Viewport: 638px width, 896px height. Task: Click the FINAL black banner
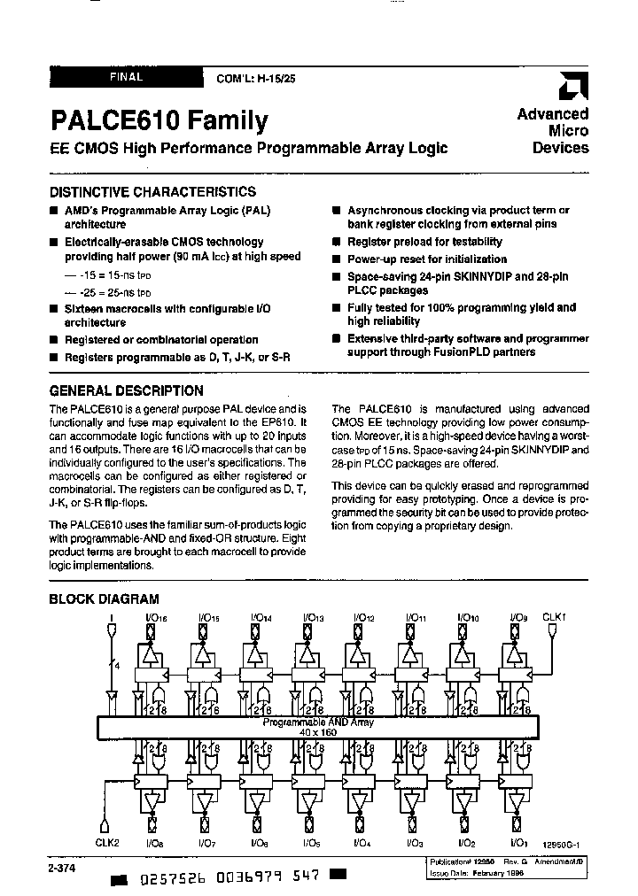tap(126, 77)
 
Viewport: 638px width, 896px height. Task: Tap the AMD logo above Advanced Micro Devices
tap(568, 89)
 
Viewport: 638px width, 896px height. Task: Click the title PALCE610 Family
tap(159, 120)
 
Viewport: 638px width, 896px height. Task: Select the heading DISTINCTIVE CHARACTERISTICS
tap(152, 191)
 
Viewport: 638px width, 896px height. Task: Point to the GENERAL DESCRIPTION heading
tap(126, 390)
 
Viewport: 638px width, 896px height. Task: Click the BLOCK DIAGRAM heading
tap(104, 599)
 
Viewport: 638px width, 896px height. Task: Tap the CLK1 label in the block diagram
tap(552, 617)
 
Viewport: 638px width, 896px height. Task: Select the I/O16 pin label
tap(154, 617)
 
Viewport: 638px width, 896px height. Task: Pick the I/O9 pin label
tap(519, 617)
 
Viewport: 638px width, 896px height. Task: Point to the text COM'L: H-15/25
tap(257, 79)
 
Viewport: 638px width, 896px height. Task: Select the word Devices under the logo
tap(560, 148)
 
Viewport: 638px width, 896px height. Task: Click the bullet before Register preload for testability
tap(338, 242)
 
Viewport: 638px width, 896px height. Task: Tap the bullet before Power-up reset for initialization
tap(338, 259)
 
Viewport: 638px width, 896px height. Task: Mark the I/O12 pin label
tap(365, 617)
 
